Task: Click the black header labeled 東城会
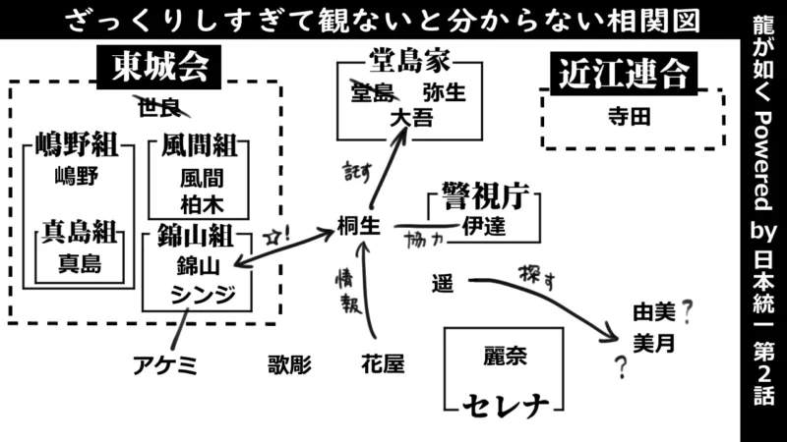point(158,68)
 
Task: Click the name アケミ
point(166,365)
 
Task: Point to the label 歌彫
point(288,365)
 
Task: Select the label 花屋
point(383,365)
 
